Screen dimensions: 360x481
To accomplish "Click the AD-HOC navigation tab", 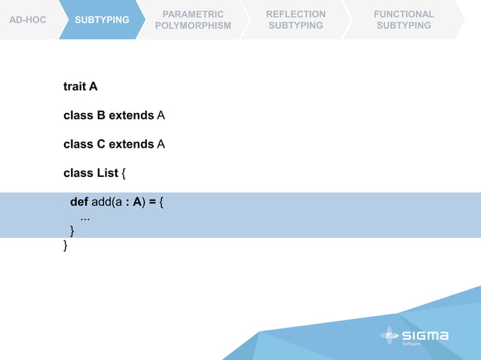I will (27, 20).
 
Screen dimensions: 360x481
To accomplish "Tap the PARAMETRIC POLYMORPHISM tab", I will (193, 20).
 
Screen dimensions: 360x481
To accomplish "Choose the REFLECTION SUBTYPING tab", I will (296, 20).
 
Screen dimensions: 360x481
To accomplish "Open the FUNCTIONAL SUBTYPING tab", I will (404, 20).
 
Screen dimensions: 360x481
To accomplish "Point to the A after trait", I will (93, 87).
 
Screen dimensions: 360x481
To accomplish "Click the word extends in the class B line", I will (131, 115).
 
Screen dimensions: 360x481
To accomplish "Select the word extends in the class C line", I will (131, 144).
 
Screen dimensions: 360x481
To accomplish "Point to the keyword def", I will (79, 202).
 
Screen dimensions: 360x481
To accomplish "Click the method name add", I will (102, 202).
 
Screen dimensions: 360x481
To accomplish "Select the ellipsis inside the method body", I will (85, 217).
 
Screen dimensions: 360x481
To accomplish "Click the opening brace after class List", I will (124, 172).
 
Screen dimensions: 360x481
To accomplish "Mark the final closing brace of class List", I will (66, 245).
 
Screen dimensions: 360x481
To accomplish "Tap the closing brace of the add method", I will (72, 230).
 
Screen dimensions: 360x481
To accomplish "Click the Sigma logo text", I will (425, 335).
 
